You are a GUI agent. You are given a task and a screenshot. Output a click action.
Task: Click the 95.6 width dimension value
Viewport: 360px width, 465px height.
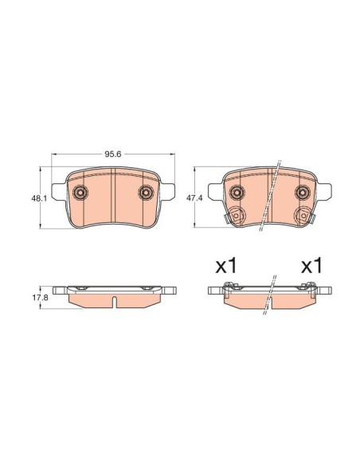[x=112, y=154]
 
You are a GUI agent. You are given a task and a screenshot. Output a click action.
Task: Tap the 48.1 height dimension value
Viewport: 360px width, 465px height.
[x=39, y=198]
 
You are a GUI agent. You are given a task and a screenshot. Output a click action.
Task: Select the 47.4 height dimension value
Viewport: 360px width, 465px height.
[x=194, y=197]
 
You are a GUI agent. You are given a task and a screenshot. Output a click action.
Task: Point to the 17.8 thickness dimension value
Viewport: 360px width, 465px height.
[x=40, y=298]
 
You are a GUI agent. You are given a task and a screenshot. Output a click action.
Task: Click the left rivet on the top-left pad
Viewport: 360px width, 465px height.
[x=80, y=192]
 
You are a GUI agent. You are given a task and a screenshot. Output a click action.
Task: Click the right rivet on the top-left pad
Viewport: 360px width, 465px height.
[x=146, y=192]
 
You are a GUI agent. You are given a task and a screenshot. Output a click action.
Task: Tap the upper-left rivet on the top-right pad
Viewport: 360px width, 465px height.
[x=237, y=192]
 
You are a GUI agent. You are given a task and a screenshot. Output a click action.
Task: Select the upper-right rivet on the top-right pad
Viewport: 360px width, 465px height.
[x=303, y=192]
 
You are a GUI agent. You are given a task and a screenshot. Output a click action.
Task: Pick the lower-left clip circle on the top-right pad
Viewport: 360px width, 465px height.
[x=237, y=216]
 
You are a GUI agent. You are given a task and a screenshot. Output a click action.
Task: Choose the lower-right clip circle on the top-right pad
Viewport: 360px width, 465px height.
[x=303, y=216]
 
